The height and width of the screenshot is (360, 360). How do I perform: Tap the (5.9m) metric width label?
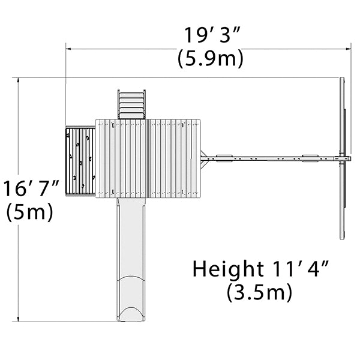tap(211, 58)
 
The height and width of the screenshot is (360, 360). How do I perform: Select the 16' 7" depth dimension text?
tap(32, 188)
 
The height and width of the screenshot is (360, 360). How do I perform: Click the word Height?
tap(228, 268)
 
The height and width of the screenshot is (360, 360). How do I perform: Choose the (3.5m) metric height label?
tap(259, 292)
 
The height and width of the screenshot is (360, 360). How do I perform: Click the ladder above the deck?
tap(131, 104)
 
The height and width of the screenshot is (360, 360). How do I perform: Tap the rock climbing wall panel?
tap(80, 161)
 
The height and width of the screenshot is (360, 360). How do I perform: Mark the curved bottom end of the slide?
tap(131, 313)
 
